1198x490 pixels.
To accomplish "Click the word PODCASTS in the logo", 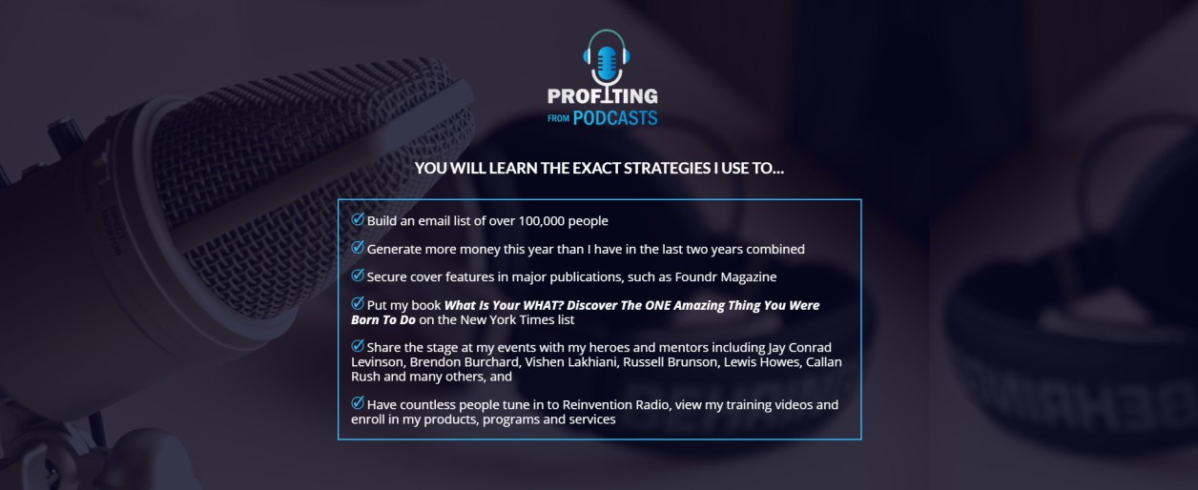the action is [x=615, y=118].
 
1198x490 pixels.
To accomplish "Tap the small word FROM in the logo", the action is [x=558, y=118].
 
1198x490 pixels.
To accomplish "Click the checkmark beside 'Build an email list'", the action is [x=358, y=219].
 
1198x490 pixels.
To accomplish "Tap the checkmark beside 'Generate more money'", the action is [x=358, y=248].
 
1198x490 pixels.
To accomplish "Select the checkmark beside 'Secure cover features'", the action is [x=358, y=276].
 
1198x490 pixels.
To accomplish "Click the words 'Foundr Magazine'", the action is [x=725, y=276].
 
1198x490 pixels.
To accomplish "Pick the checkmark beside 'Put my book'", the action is [x=358, y=303].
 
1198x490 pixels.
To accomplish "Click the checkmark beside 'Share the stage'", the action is [x=358, y=346].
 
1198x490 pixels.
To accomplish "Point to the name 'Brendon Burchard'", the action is [x=465, y=361].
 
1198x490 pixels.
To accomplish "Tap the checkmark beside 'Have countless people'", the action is [x=358, y=403].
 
